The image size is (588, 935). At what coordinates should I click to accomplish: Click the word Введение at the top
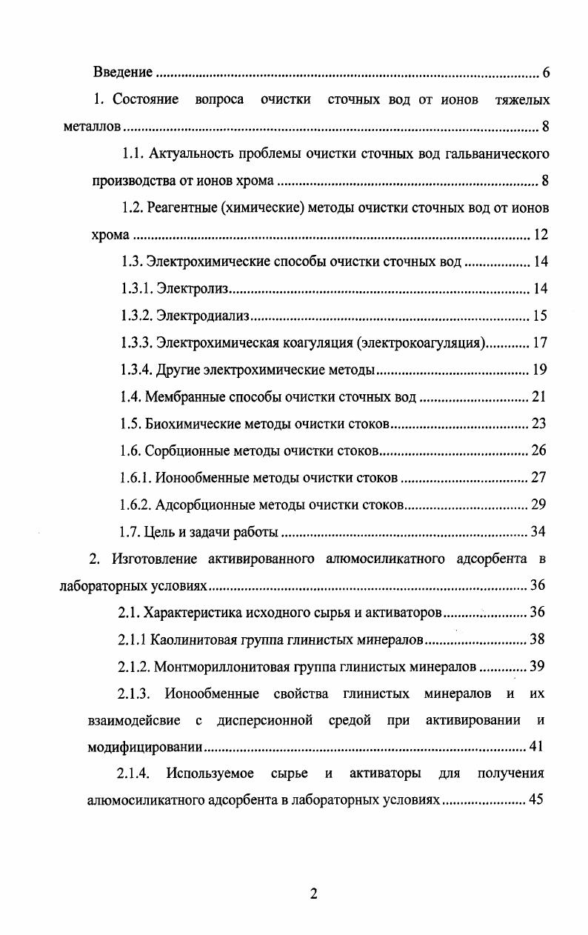[122, 73]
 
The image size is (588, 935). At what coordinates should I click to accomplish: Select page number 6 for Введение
[545, 73]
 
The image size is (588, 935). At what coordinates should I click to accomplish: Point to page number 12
[540, 236]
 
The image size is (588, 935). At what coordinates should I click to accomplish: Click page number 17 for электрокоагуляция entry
[540, 343]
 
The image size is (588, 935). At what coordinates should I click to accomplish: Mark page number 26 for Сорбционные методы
[539, 451]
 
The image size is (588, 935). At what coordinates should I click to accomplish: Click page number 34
[539, 532]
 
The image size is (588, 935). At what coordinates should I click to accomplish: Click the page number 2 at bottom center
[313, 894]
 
